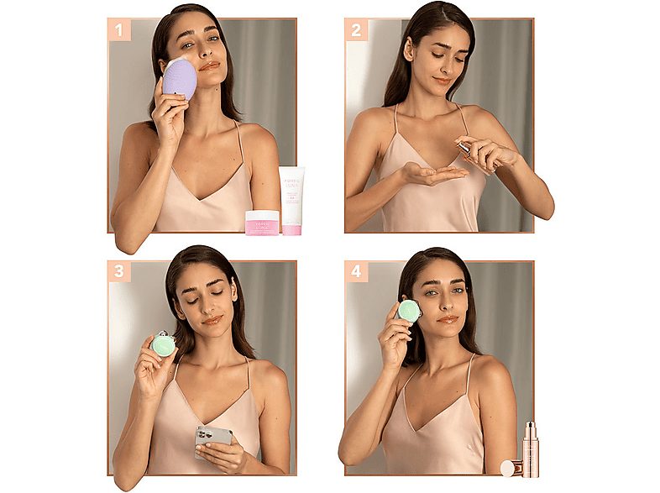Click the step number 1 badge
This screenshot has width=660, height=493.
[120, 31]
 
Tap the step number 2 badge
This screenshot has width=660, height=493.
[357, 31]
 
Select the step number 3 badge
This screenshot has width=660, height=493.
[119, 271]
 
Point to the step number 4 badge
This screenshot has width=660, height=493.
[357, 271]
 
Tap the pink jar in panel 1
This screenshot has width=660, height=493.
[262, 222]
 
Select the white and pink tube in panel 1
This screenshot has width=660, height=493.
[292, 201]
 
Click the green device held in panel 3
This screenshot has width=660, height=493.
[163, 342]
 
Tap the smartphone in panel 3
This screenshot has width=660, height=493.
[212, 441]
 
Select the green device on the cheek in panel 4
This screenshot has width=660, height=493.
[409, 311]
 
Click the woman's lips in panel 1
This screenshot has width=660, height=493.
[209, 66]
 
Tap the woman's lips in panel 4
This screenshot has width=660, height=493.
[448, 319]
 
